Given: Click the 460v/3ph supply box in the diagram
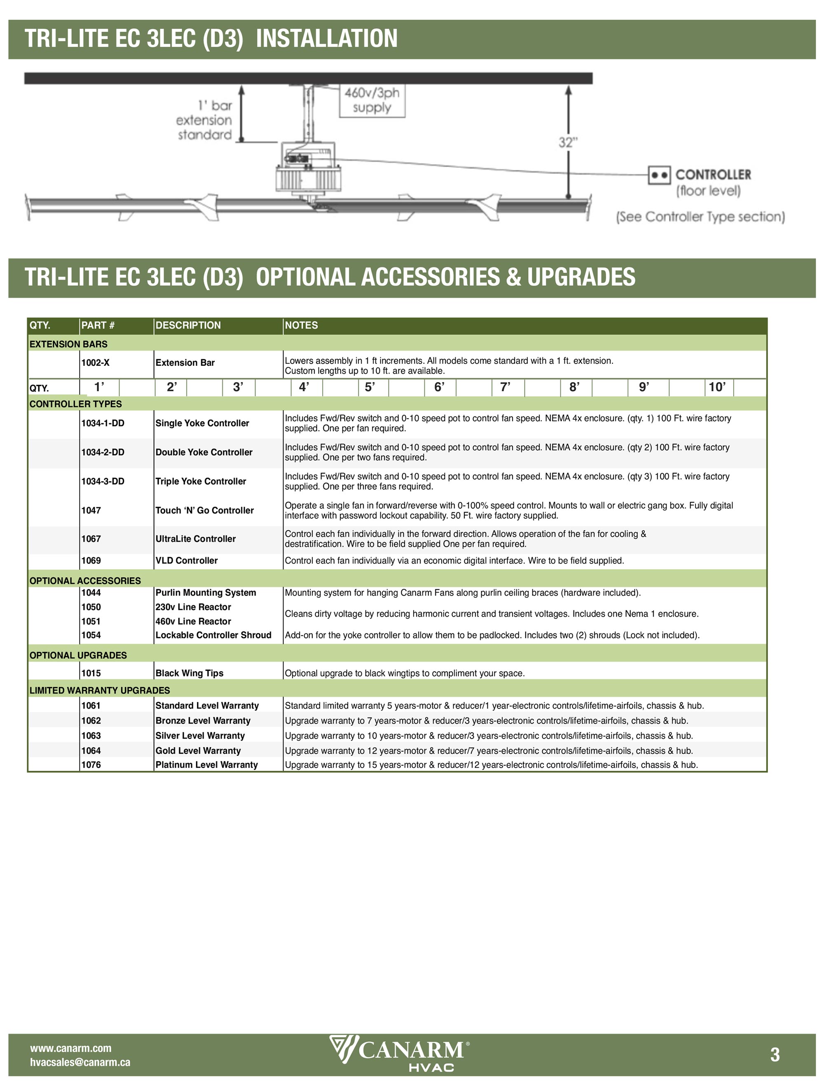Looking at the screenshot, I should pos(372,100).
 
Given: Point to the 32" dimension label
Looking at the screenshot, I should pos(568,143).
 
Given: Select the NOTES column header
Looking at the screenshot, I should pos(302,325).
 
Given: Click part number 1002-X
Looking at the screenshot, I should pos(96,363).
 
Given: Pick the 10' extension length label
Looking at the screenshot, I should pos(716,388).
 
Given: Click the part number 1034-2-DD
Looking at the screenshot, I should pos(103,452).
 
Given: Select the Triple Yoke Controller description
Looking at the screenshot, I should pos(201,481).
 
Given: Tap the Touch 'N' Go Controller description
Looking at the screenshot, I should pos(205,511).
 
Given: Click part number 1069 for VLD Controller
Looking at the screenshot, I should pos(91,561).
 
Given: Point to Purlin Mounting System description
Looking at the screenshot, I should pos(206,593).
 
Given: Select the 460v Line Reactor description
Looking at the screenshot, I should pos(194,621).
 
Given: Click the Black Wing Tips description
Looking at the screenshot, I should pos(190,673).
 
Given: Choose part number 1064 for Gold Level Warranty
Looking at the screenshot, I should pos(91,751).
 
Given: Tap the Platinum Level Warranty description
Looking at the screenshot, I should pos(207,765).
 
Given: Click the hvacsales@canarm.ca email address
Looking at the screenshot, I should pos(80,1062).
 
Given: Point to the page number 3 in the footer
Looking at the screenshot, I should pos(775,1055).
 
